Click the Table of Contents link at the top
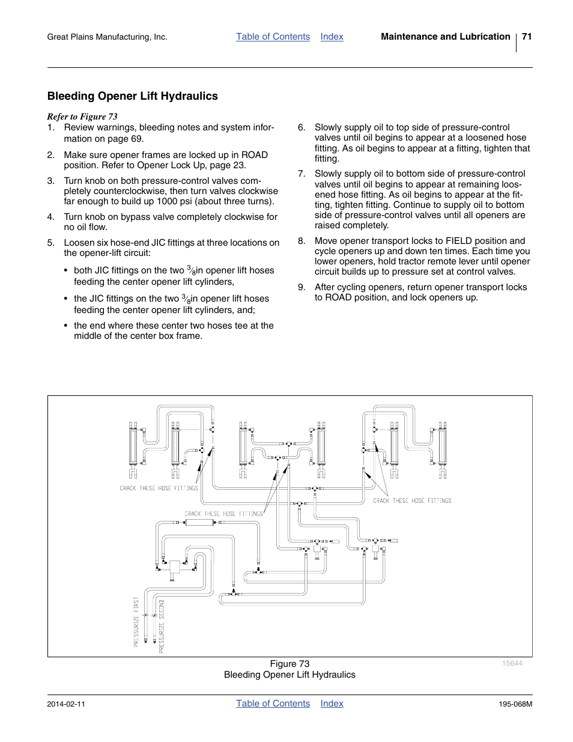(x=273, y=37)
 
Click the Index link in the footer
(x=332, y=704)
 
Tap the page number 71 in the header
(x=527, y=37)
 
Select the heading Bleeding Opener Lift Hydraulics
(x=133, y=96)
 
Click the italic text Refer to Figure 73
(x=82, y=117)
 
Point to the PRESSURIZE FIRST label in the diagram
(x=136, y=621)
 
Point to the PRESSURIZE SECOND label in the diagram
(x=162, y=626)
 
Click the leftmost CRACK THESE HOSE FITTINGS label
(x=159, y=488)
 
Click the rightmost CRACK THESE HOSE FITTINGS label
(x=412, y=500)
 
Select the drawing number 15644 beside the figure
(x=512, y=663)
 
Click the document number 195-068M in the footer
(x=512, y=704)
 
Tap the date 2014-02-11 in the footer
(x=66, y=704)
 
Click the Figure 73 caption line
(x=290, y=664)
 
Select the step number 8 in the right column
(x=302, y=241)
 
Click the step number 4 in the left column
(x=51, y=217)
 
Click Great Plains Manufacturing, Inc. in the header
(x=107, y=37)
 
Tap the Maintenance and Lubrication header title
(x=445, y=37)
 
